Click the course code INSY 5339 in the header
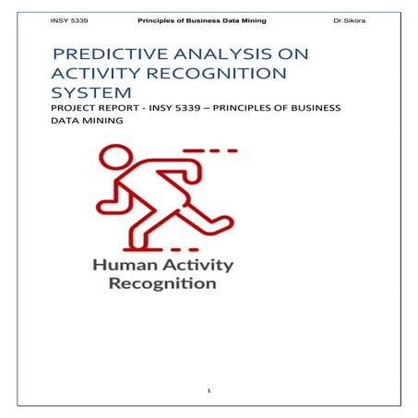pos(70,19)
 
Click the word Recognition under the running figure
pos(162,283)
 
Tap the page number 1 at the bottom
pos(209,392)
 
